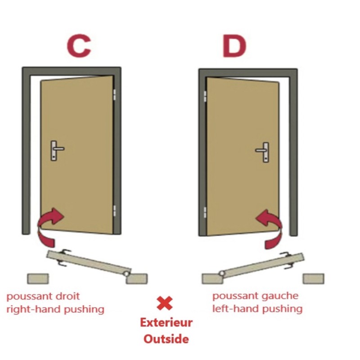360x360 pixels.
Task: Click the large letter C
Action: click(x=79, y=46)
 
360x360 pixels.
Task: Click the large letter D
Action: click(x=234, y=46)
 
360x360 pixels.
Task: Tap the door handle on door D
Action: click(x=262, y=152)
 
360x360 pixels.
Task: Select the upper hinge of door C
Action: click(x=114, y=94)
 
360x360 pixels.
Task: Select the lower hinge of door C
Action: click(x=114, y=211)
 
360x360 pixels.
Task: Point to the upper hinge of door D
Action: click(x=205, y=96)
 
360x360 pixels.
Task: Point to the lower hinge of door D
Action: click(x=205, y=212)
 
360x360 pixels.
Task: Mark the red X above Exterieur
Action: click(x=165, y=303)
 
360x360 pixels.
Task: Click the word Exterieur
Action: click(x=166, y=323)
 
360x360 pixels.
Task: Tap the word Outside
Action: click(x=166, y=339)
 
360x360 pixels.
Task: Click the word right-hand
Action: click(x=34, y=309)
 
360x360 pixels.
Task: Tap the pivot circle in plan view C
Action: click(x=126, y=274)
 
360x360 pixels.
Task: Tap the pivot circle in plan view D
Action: click(x=222, y=273)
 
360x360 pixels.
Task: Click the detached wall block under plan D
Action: click(x=313, y=279)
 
